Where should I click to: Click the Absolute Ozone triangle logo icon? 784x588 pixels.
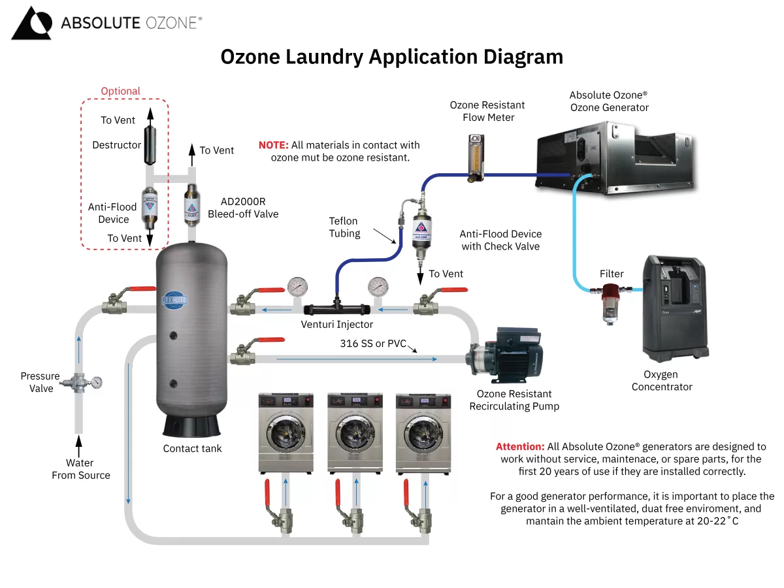tap(31, 24)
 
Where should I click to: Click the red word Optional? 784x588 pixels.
tap(120, 91)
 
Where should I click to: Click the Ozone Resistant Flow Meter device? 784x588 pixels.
tap(472, 156)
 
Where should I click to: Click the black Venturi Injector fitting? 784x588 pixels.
tap(336, 307)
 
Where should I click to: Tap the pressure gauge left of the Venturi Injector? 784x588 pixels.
tap(297, 286)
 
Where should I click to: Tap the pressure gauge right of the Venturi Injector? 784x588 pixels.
tap(378, 286)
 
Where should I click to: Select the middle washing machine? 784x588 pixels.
tap(354, 431)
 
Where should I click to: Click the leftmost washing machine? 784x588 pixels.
tap(286, 431)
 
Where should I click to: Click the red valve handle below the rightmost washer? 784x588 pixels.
tap(406, 492)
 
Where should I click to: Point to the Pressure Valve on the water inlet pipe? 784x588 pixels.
tap(82, 383)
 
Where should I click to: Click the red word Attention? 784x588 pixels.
tap(519, 447)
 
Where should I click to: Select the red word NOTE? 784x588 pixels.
tap(273, 145)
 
